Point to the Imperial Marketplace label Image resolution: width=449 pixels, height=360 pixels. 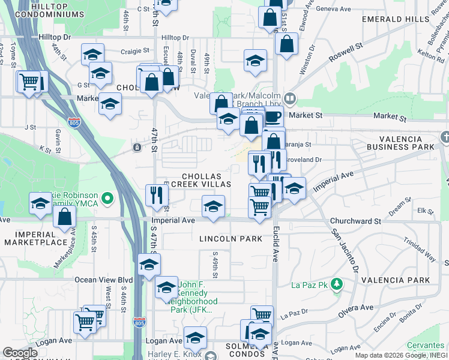pos(33,238)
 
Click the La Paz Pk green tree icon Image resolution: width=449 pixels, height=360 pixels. pos(337,284)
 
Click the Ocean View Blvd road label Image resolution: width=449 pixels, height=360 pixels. pos(103,280)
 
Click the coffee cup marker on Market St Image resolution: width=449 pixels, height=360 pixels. pos(273,115)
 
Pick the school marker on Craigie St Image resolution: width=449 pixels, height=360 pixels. pos(93,53)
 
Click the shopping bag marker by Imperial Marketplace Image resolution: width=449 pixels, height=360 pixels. pos(65,217)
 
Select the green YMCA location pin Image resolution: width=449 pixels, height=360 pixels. pos(107,197)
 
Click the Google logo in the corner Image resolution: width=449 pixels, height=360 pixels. pos(20,353)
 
